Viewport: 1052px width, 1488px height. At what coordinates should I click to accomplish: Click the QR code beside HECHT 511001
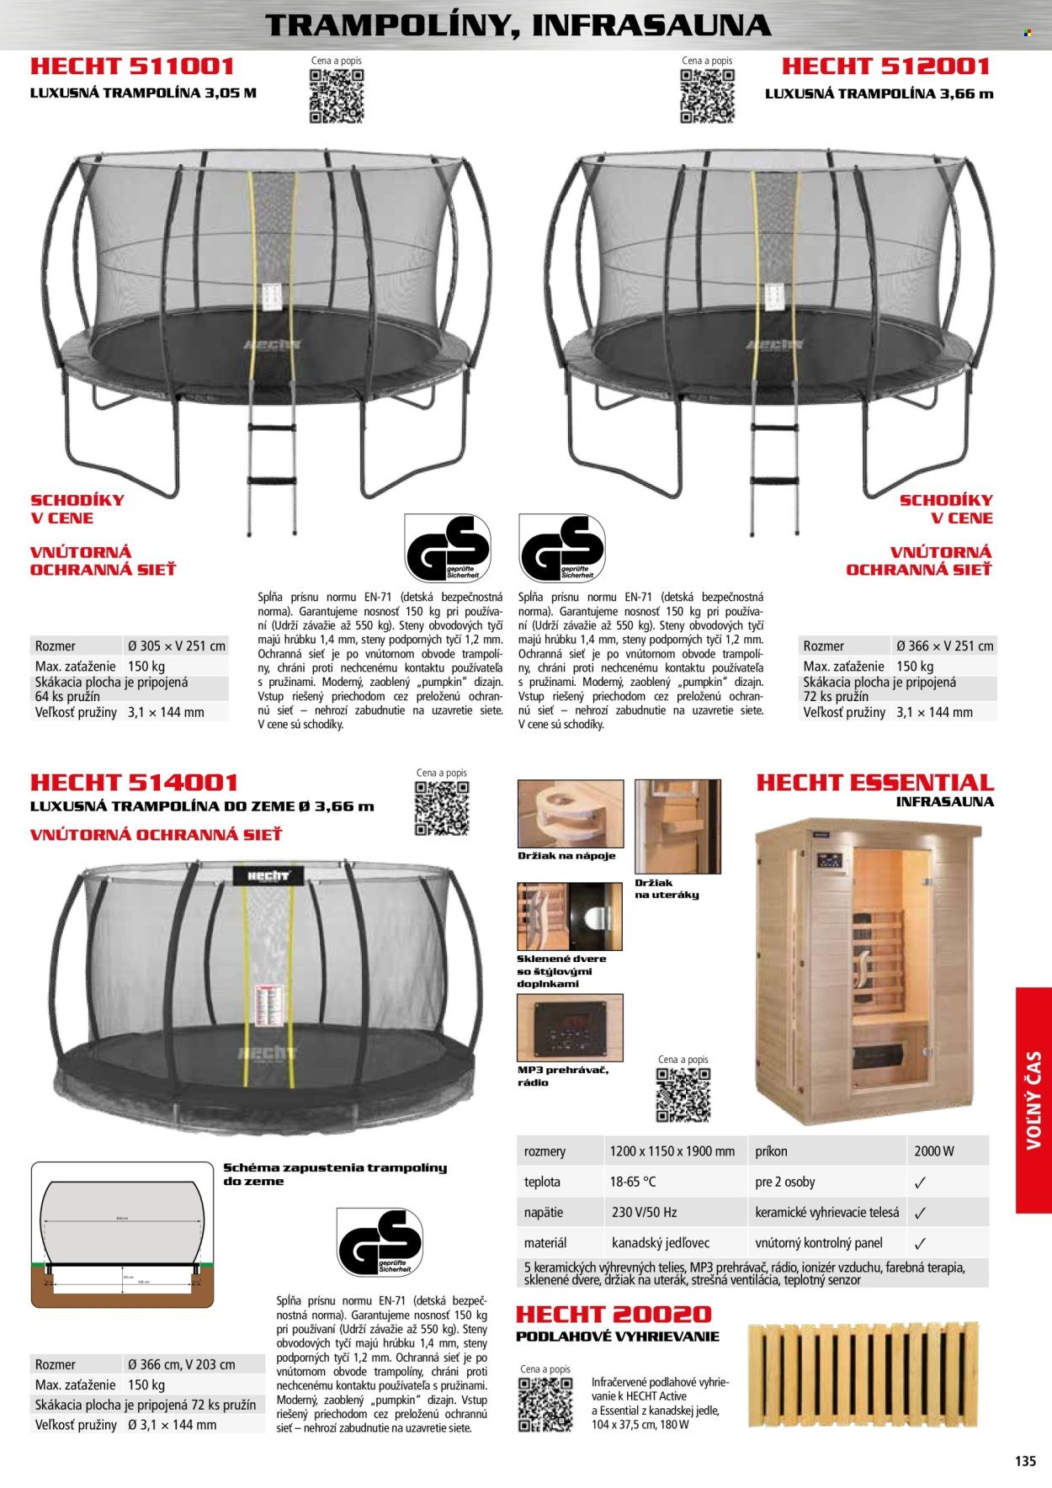pos(337,96)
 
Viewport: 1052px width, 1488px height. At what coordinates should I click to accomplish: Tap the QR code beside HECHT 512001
pos(707,96)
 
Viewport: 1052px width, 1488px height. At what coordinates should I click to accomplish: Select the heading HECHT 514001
pos(135,783)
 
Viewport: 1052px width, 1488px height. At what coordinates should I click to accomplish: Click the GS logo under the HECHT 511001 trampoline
pos(447,549)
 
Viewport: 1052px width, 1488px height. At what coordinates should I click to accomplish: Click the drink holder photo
pos(570,813)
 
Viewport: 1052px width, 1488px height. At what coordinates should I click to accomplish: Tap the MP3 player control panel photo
pos(570,1028)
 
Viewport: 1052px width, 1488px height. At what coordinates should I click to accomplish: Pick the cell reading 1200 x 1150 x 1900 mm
pos(672,1151)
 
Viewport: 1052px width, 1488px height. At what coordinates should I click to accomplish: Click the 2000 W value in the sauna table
pos(933,1151)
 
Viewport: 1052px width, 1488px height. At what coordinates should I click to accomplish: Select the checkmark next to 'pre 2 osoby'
pos(920,1182)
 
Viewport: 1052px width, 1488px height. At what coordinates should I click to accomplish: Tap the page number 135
pos(1025,1462)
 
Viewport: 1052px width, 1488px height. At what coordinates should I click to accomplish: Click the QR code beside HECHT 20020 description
pos(545,1405)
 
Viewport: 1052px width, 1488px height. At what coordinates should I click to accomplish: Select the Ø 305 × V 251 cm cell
pos(177,646)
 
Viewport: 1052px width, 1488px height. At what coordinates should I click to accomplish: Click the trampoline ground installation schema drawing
pos(123,1235)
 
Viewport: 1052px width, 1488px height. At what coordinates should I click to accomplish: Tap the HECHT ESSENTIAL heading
pos(874,783)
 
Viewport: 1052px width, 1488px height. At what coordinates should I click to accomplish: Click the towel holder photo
pos(677,826)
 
